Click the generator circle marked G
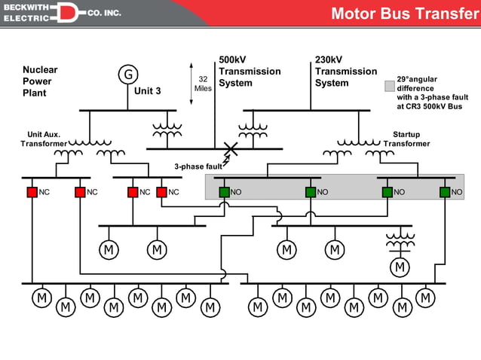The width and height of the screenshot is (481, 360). [x=129, y=74]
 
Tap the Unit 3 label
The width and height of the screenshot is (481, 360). [x=148, y=91]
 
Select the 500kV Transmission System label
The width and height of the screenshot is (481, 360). [x=250, y=72]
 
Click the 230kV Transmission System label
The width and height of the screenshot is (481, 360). [x=346, y=72]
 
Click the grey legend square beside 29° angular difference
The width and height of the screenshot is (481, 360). [x=389, y=86]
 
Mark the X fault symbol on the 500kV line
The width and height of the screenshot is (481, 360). [x=231, y=149]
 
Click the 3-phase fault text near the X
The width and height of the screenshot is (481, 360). [x=198, y=166]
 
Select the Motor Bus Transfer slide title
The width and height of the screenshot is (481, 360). [x=405, y=14]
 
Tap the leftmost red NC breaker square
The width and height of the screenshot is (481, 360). [x=32, y=192]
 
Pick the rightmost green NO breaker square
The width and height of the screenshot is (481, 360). [x=445, y=192]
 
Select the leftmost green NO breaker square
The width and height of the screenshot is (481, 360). [x=224, y=192]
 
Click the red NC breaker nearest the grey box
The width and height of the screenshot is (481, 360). [x=161, y=192]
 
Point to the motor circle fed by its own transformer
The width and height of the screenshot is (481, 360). [x=399, y=267]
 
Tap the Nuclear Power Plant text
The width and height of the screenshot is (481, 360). [x=40, y=81]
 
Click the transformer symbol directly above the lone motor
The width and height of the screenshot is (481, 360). [x=400, y=242]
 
